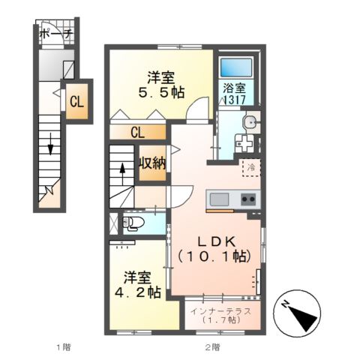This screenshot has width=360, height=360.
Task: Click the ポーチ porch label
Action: pos(56,34)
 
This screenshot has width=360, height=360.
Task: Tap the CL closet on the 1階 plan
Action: pos(77,101)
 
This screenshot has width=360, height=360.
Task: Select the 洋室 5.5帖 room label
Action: pos(161,85)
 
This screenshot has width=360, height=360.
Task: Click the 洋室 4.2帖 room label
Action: pos(138,284)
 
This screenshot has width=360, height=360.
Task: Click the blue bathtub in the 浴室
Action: pos(236,68)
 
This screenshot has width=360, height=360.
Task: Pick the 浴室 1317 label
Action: pos(234,94)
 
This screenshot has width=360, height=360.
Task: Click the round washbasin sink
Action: pos(251,122)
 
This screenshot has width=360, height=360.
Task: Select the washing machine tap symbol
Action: pos(244,143)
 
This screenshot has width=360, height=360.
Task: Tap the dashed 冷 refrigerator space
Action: pos(251,168)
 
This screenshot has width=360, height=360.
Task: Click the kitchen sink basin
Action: pos(219,199)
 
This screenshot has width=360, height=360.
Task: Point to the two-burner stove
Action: pos(248,199)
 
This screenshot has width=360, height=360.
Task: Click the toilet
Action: pos(133,223)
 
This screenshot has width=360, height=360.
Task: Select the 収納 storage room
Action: pos(152,163)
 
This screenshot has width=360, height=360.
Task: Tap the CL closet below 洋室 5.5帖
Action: pos(138,132)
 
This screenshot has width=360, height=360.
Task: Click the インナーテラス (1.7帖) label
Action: pos(220,316)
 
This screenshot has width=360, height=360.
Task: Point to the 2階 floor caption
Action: pos(213,347)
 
